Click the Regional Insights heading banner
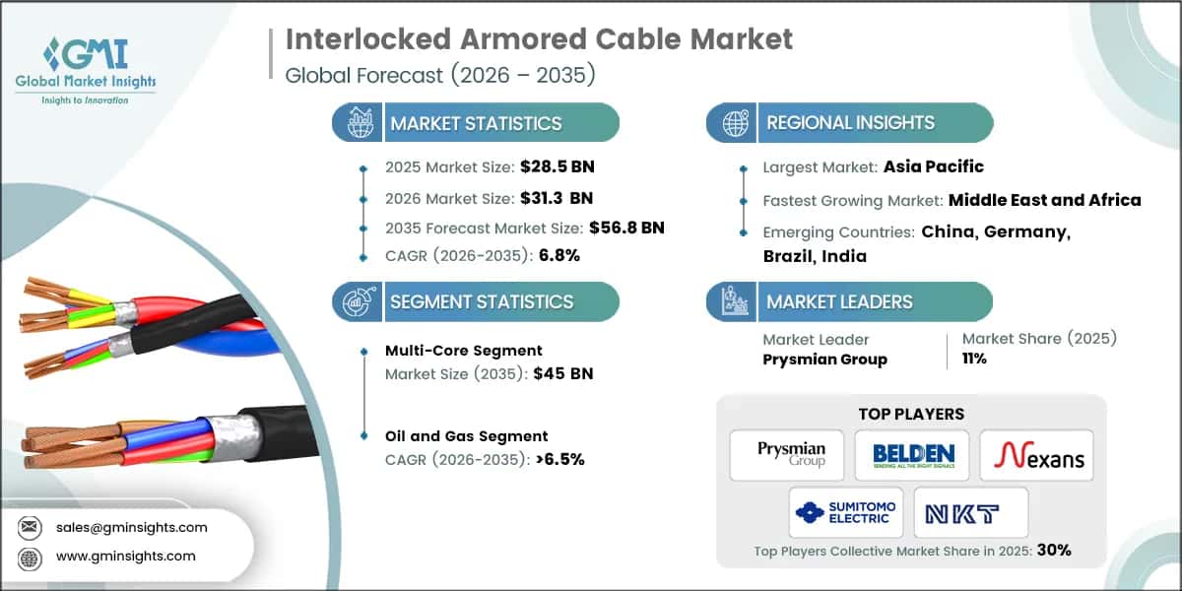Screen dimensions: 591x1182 coord(850,123)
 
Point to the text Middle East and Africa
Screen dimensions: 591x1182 coord(1044,200)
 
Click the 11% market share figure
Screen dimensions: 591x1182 coord(975,359)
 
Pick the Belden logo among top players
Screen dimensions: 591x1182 coord(913,455)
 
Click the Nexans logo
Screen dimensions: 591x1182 coord(1035,455)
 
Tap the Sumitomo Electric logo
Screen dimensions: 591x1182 coord(846,512)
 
